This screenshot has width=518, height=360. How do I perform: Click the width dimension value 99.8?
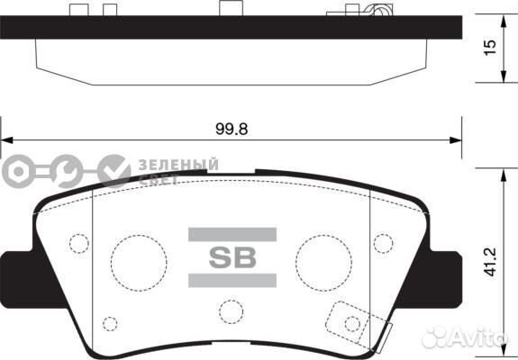[x=232, y=128]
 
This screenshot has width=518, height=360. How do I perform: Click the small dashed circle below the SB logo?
[x=232, y=311]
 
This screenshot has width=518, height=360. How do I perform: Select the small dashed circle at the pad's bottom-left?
[x=110, y=324]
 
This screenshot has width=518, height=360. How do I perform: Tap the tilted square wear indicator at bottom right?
[x=350, y=321]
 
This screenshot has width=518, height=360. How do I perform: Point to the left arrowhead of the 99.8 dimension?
[x=7, y=140]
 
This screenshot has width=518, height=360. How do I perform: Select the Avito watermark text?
[x=469, y=338]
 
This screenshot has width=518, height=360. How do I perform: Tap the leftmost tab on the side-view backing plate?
[x=77, y=10]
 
